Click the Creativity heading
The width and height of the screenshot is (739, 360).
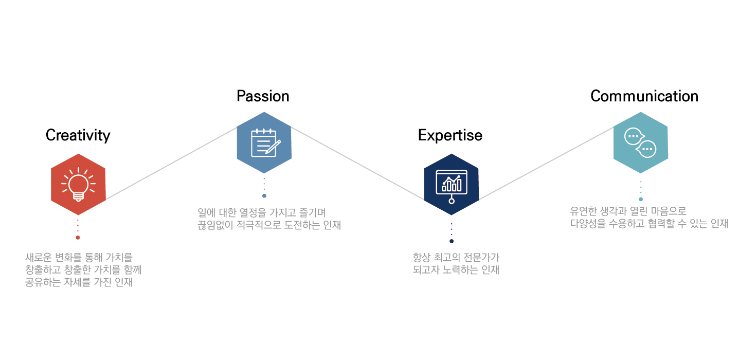click(78, 135)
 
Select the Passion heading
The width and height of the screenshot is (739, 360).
click(263, 96)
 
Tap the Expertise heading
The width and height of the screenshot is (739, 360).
click(450, 135)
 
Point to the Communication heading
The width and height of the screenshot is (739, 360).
click(644, 96)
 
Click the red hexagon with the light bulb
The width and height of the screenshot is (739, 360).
click(78, 184)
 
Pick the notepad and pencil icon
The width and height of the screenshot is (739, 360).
click(264, 142)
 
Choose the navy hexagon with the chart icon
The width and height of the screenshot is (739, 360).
click(452, 184)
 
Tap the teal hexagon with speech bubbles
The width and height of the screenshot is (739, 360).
click(640, 142)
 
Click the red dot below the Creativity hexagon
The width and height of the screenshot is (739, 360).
click(78, 238)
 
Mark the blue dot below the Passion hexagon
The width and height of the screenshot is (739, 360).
click(264, 196)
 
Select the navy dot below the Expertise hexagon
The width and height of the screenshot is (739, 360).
click(452, 241)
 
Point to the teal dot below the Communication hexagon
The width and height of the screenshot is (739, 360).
click(641, 199)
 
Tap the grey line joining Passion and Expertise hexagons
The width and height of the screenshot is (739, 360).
click(357, 163)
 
